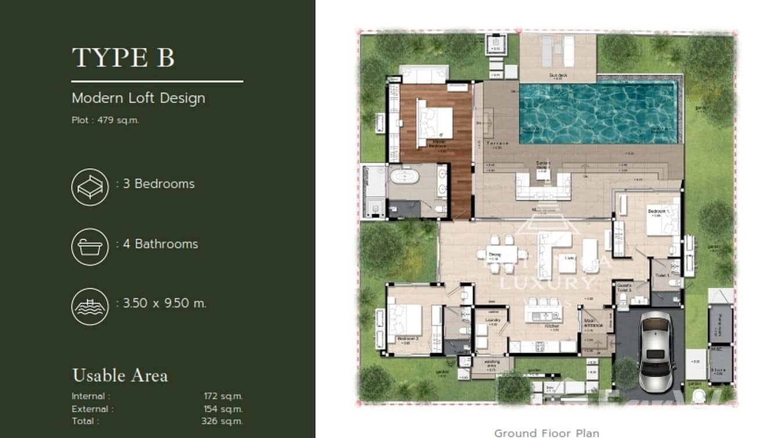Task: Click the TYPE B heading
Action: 123,58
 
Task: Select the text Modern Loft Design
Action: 138,98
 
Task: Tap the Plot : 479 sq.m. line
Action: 105,120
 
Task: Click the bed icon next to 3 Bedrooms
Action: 90,186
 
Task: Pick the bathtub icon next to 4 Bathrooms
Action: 90,247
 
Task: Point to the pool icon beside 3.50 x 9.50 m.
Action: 90,306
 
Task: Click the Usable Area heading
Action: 120,375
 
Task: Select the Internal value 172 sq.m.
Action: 223,396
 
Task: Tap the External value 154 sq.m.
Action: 223,409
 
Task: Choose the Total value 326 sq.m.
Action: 222,421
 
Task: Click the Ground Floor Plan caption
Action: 546,432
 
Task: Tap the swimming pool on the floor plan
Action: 598,112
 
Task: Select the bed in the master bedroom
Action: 433,121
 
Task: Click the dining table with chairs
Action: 501,254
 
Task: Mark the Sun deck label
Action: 557,76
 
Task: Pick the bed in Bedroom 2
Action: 405,320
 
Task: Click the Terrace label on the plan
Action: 497,143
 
